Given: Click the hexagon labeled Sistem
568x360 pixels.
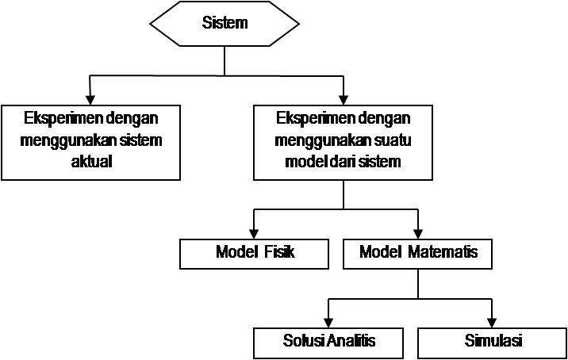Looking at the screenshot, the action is coord(225,24).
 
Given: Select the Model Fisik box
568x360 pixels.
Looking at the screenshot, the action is coord(255,254).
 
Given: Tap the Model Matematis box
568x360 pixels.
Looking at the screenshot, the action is coord(417,254).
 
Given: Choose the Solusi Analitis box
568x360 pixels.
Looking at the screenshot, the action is coord(328,343).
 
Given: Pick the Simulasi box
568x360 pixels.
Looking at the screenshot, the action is coord(493,343).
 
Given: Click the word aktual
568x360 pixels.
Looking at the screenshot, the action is coord(91,161).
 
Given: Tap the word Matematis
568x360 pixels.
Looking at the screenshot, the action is coord(443,251).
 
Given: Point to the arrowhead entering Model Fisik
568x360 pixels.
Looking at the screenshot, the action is coord(255,234).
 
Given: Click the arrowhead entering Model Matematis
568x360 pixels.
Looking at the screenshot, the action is coord(418,234).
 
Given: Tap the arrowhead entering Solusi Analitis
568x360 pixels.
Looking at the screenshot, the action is coord(328,323).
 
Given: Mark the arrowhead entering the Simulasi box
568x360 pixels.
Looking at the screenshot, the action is coord(492,323).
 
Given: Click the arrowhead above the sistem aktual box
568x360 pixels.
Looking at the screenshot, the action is coord(90,101).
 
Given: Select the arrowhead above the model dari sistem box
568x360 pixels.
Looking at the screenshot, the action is coord(343,101).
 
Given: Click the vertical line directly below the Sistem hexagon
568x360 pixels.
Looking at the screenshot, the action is coord(225,61).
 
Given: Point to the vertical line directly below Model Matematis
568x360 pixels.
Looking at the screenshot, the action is coord(418,284).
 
